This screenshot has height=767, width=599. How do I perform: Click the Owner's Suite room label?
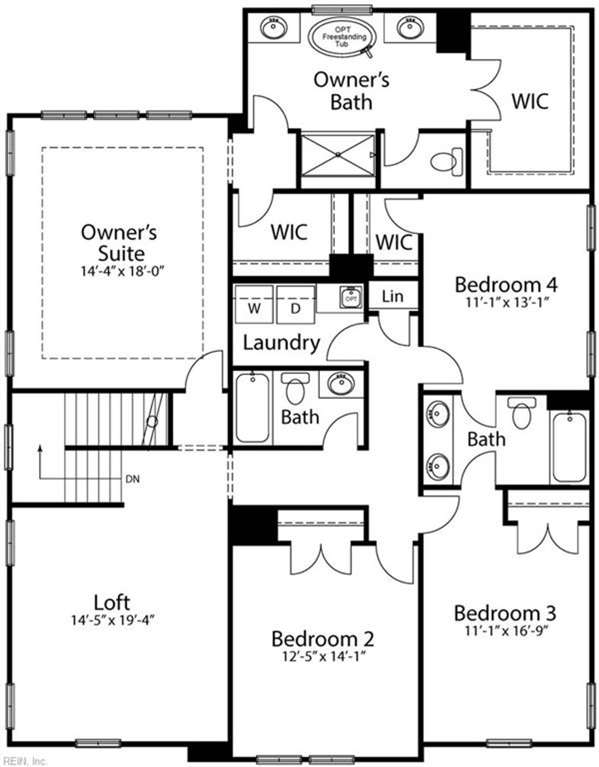119,242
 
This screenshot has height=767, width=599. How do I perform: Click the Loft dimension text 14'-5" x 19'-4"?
113,620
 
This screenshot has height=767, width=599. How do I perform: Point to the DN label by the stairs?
133,479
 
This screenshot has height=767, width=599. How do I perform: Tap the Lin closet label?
393,296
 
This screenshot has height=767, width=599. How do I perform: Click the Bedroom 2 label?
322,638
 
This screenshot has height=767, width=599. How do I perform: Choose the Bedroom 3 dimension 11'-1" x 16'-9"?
505,631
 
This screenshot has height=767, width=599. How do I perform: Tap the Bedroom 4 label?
506,285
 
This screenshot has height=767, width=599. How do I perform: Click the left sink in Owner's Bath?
272,27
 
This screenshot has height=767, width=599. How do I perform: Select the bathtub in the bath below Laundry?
253,408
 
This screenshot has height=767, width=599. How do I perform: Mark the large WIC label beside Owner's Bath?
530,101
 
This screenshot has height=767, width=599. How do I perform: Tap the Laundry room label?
281,342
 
